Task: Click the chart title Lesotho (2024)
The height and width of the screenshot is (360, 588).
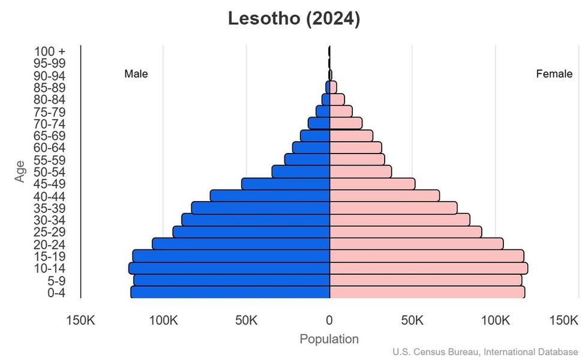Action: click(294, 19)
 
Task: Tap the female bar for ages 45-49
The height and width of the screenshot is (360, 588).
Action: click(372, 184)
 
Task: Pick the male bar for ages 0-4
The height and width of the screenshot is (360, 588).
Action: click(230, 292)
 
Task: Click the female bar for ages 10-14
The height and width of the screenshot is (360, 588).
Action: click(428, 268)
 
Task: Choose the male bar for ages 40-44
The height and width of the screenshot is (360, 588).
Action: click(270, 196)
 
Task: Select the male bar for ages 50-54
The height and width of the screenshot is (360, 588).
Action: click(301, 172)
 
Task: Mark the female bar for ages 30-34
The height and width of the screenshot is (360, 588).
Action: click(400, 220)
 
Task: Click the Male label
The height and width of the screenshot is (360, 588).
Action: click(136, 74)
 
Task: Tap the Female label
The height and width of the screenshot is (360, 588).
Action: click(554, 74)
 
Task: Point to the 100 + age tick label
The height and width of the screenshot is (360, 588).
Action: click(49, 51)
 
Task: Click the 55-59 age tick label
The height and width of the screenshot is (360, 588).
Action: click(49, 160)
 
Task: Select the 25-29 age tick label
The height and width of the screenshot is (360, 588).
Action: click(49, 232)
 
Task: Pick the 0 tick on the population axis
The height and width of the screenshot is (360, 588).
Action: click(329, 320)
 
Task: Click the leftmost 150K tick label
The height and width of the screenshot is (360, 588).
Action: click(80, 320)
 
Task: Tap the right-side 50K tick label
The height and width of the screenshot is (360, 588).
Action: click(412, 320)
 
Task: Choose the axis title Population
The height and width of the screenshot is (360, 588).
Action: click(329, 339)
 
